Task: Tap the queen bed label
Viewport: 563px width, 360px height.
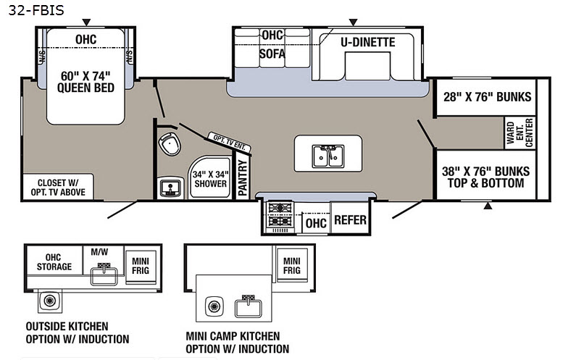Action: point(86,81)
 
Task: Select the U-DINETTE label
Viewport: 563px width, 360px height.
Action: point(367,42)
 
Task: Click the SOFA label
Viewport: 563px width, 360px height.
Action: point(272,54)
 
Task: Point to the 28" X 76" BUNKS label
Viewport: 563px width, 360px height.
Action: point(487,97)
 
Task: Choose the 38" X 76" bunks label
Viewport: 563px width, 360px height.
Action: point(486,177)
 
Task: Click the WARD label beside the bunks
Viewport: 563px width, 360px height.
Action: point(510,132)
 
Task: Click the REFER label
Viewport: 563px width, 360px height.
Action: point(350,220)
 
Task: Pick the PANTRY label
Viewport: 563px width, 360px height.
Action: point(242,177)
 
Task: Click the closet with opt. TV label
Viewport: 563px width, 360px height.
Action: point(54,187)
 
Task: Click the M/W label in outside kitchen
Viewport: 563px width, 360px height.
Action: point(98,251)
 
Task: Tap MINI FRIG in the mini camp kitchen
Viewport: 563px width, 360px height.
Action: point(292,265)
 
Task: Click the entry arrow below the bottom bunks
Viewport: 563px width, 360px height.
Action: point(487,206)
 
